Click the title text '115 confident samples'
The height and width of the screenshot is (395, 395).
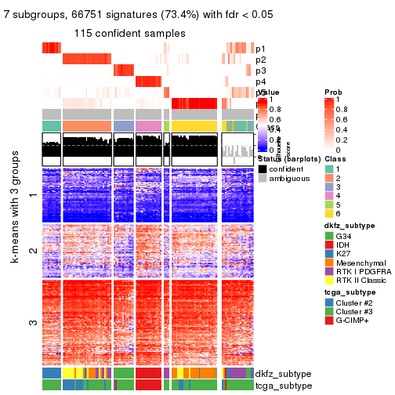point(130,34)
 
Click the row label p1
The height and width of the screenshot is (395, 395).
point(260,49)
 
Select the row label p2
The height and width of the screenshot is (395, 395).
point(260,60)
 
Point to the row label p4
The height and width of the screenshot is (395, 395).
point(260,82)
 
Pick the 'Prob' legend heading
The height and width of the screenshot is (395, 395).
point(333,92)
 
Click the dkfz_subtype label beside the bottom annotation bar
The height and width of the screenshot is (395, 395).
point(281,374)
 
